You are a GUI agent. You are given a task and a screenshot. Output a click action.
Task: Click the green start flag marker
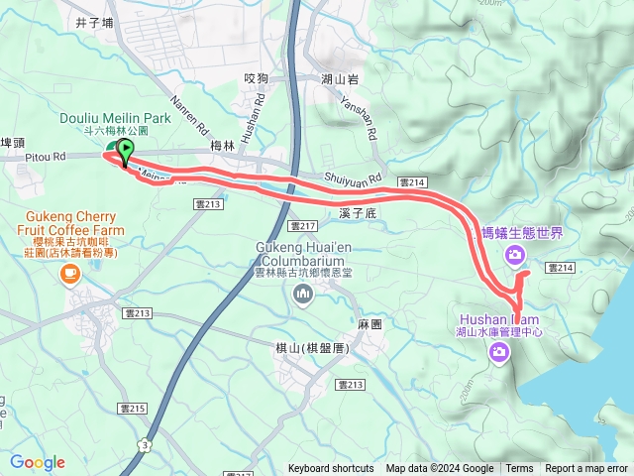pos(126,152)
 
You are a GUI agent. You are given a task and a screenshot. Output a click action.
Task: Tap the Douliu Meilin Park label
pos(115,118)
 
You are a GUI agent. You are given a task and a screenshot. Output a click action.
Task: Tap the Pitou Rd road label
pos(46,156)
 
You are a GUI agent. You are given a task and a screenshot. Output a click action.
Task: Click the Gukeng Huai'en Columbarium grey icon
pos(303,293)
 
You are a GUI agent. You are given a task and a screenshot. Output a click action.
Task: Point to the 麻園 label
pos(370,323)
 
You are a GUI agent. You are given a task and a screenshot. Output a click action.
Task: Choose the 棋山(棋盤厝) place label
pos(310,348)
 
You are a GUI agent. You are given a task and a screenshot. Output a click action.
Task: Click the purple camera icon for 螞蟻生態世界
pos(514,257)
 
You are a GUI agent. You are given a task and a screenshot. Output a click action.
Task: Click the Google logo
pos(38,461)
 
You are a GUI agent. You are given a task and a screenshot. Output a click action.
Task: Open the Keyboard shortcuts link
pos(331,469)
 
